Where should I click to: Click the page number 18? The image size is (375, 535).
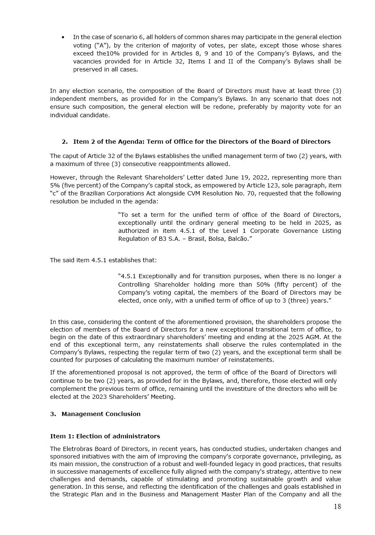[x=337, y=507]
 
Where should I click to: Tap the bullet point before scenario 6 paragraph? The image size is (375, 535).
[x=63, y=37]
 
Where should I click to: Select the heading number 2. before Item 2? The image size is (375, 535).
[x=65, y=142]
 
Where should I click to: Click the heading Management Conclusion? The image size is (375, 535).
[x=101, y=414]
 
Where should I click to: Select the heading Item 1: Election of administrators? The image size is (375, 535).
[x=105, y=436]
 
